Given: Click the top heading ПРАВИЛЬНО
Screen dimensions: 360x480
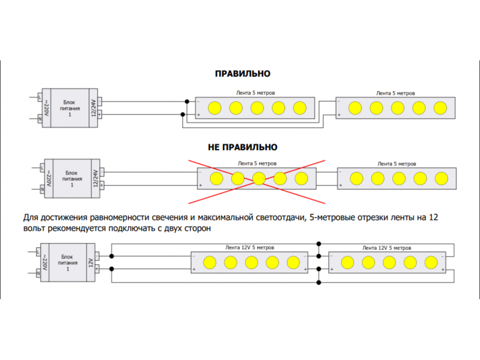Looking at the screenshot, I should pos(242,74).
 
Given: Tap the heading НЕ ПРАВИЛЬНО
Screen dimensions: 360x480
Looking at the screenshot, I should pos(242,147).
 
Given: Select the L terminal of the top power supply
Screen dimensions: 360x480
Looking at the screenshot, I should pos(39,97).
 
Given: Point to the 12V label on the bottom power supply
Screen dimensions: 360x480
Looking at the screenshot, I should pos(91,262).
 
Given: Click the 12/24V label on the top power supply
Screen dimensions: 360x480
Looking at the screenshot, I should pos(94,108).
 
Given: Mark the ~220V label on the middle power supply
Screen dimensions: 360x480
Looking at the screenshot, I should pos(48,179).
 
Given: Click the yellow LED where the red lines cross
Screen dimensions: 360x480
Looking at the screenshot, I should pos(259,178).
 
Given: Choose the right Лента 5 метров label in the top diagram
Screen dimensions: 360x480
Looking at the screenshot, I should pos(395,93).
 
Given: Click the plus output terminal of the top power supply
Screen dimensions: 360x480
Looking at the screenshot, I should pos(100,114).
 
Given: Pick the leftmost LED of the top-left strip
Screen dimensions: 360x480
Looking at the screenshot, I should pos(214,108).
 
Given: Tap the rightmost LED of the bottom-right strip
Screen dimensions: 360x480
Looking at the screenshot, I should pos(431,262).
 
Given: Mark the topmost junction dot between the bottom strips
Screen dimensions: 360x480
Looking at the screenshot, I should pos(319,243).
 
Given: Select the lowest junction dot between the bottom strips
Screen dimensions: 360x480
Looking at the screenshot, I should pos(319,282).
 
